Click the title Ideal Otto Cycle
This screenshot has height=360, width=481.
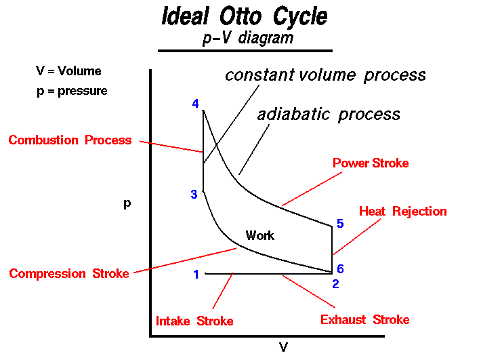pos(245,16)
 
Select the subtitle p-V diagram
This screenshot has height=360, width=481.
pos(248,39)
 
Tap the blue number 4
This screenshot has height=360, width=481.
pos(195,104)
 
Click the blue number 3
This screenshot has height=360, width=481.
pos(194,195)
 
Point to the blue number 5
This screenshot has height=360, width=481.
pos(340,224)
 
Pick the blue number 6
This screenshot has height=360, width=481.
pos(340,269)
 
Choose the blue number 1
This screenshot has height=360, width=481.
pos(196,274)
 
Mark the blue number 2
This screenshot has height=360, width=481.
pos(335,284)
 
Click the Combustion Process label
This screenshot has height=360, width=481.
pos(70,140)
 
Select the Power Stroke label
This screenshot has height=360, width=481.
pos(371,163)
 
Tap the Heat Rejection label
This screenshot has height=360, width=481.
pos(403,211)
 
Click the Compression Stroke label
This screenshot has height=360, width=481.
pos(69,273)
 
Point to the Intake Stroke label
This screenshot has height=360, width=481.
pos(194,321)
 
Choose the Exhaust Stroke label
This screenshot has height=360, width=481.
pos(364,320)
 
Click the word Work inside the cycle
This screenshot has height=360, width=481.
pos(260,235)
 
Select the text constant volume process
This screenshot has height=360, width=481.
pos(325,75)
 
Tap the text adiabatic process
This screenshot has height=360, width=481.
pos(329,115)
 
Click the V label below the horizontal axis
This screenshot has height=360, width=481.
pos(283,347)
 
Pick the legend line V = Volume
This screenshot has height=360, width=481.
pos(68,71)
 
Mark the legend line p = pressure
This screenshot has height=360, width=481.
pos(72,92)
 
